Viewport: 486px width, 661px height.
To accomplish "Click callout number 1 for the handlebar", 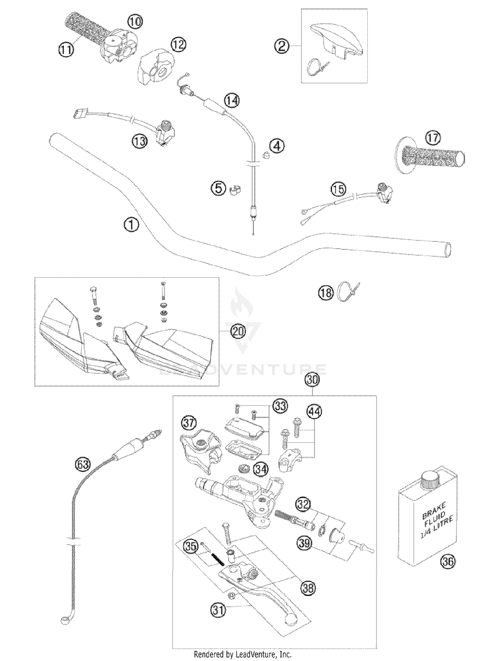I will tap(132, 225).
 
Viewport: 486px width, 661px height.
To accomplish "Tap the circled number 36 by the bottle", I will tap(448, 561).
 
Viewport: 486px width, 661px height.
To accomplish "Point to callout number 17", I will tap(433, 138).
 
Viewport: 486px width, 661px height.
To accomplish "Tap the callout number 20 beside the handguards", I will tap(238, 331).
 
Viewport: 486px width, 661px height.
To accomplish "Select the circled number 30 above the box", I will tap(312, 380).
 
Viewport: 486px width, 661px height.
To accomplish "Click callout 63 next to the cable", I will tap(82, 464).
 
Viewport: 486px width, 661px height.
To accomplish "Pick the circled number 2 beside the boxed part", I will tap(282, 46).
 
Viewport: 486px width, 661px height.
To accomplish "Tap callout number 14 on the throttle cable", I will tap(232, 101).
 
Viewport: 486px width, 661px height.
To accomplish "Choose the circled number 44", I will tap(314, 412).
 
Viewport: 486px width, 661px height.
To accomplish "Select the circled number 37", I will tap(189, 423).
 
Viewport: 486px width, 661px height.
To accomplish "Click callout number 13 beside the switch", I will tap(140, 141).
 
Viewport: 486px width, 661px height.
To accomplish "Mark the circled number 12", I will tap(178, 45).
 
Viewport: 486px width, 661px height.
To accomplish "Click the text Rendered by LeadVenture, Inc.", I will tap(243, 654).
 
